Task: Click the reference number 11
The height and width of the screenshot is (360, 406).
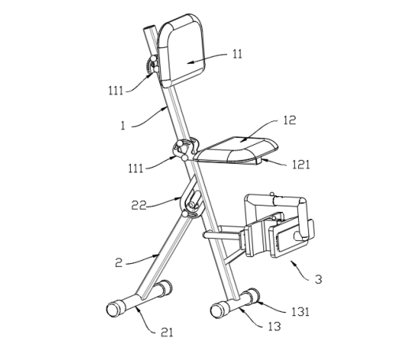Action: [x=237, y=54]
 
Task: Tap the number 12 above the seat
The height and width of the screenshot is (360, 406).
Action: [x=289, y=120]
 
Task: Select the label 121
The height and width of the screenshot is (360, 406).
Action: [x=301, y=165]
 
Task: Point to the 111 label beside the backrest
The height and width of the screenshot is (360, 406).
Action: [x=116, y=91]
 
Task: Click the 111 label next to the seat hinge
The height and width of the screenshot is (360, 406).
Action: [x=136, y=168]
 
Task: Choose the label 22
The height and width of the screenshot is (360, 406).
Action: [x=139, y=205]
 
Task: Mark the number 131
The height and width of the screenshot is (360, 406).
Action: [x=300, y=312]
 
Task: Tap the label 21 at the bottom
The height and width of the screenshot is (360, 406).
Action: [x=167, y=332]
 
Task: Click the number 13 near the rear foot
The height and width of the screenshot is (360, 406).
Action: [x=274, y=326]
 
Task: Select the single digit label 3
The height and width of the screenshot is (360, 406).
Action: [x=318, y=279]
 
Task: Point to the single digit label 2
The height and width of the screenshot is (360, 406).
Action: [x=119, y=262]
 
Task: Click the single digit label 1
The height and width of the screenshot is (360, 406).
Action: [x=123, y=125]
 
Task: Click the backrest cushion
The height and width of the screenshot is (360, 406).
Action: [x=181, y=50]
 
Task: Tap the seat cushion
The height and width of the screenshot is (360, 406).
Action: [x=237, y=149]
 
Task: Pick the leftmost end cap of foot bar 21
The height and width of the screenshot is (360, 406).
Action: [x=114, y=309]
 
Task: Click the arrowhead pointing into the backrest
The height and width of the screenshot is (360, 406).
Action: [x=191, y=62]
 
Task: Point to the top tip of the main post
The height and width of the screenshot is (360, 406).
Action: [x=149, y=27]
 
